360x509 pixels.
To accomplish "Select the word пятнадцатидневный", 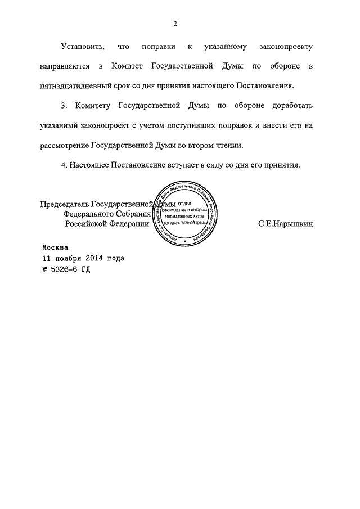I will (77, 87).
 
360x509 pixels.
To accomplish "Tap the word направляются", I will (64, 66).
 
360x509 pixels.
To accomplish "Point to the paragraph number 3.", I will (64, 105).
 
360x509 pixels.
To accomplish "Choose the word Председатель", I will (65, 204).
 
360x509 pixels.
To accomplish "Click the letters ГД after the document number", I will (85, 269).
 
